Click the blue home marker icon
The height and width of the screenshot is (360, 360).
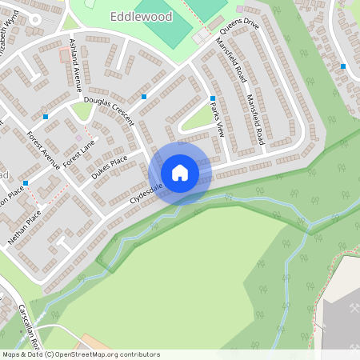pyautogui.click(x=180, y=173)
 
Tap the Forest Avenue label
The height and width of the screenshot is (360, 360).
pyautogui.click(x=43, y=150)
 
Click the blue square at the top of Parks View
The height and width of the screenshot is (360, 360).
pyautogui.click(x=213, y=98)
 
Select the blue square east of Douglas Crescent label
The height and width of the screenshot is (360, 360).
pyautogui.click(x=144, y=97)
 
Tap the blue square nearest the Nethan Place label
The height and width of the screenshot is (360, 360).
pyautogui.click(x=26, y=183)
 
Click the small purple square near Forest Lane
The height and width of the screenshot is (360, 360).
pyautogui.click(x=78, y=138)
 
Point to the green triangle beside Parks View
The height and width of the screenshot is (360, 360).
pyautogui.click(x=196, y=119)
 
